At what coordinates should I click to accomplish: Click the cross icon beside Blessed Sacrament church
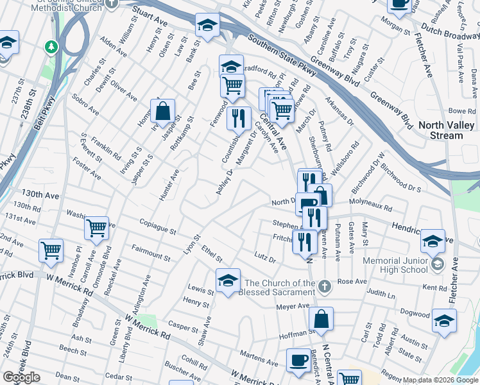pyautogui.click(x=325, y=285)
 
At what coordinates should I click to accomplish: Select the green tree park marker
pyautogui.click(x=51, y=47)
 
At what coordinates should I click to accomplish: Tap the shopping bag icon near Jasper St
pyautogui.click(x=163, y=110)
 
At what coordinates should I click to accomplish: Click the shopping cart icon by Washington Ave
pyautogui.click(x=96, y=227)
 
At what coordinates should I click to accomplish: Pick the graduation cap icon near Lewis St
pyautogui.click(x=228, y=280)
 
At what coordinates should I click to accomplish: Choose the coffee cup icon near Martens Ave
pyautogui.click(x=297, y=361)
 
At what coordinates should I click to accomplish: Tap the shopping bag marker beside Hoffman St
pyautogui.click(x=321, y=318)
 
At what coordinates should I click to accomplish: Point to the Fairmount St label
pyautogui.click(x=151, y=251)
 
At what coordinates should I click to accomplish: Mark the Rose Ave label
pyautogui.click(x=352, y=281)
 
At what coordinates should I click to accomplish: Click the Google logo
pyautogui.click(x=21, y=377)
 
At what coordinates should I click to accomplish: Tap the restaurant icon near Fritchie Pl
pyautogui.click(x=305, y=241)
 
